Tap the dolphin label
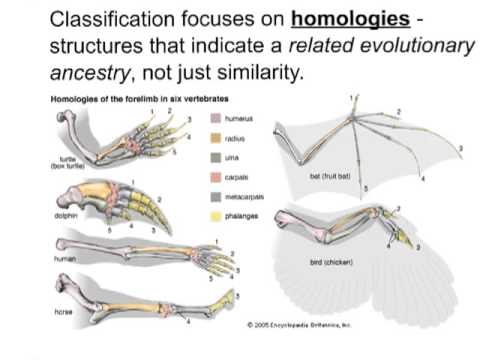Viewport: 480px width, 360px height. click(x=66, y=214)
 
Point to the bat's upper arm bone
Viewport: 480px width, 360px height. click(x=299, y=139)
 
